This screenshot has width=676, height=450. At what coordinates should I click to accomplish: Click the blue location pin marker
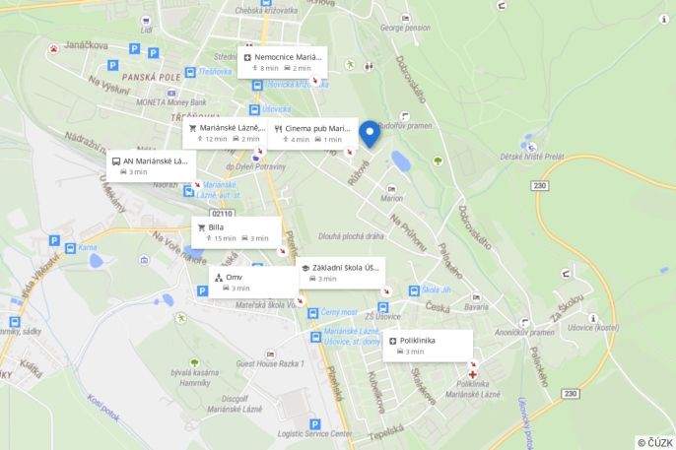pyautogui.click(x=370, y=133)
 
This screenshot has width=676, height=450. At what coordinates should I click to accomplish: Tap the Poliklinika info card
pyautogui.click(x=428, y=345)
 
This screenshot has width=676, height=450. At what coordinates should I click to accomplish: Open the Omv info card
pyautogui.click(x=253, y=282)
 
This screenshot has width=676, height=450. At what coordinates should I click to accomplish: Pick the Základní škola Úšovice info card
pyautogui.click(x=342, y=273)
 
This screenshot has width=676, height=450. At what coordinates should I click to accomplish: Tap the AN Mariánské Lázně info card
pyautogui.click(x=151, y=165)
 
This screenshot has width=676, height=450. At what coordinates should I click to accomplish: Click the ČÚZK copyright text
pyautogui.click(x=654, y=442)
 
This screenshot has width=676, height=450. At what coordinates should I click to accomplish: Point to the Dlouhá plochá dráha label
pyautogui.click(x=352, y=236)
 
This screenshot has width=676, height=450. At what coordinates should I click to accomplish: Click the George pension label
pyautogui.click(x=406, y=29)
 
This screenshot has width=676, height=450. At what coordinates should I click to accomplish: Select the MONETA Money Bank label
pyautogui.click(x=171, y=101)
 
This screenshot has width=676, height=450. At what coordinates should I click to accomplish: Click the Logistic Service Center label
pyautogui.click(x=314, y=433)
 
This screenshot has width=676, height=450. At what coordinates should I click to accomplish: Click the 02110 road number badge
pyautogui.click(x=223, y=213)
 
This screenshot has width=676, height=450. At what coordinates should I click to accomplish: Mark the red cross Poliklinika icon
pyautogui.click(x=473, y=374)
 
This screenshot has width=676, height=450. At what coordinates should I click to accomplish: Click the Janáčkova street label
pyautogui.click(x=85, y=44)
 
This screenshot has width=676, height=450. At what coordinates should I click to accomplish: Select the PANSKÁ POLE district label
pyautogui.click(x=152, y=77)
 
